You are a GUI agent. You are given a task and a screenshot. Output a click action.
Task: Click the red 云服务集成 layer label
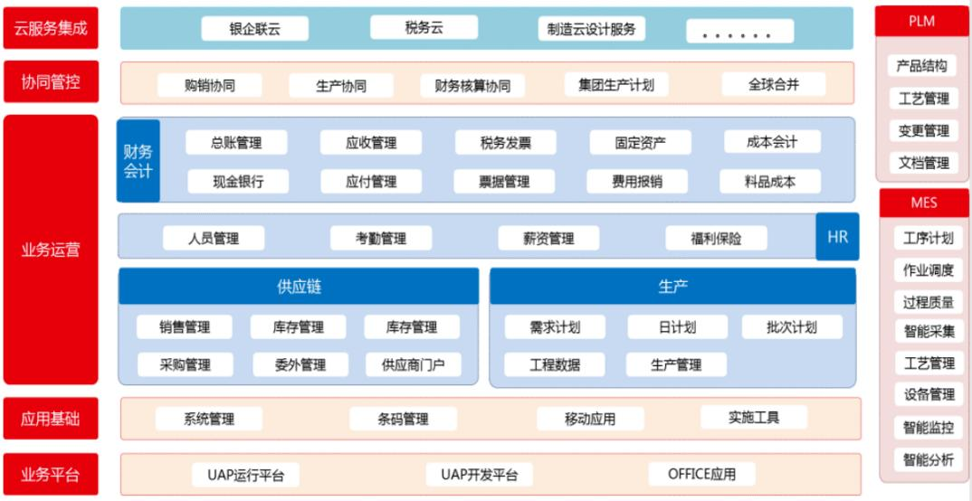(51, 28)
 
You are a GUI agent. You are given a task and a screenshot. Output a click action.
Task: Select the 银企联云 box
(254, 29)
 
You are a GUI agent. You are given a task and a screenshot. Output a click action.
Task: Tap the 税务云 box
(424, 27)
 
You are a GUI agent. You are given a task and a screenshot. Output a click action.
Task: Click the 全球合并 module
(774, 84)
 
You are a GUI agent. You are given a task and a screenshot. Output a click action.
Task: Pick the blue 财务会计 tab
(138, 161)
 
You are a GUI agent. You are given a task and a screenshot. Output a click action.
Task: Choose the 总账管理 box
(236, 142)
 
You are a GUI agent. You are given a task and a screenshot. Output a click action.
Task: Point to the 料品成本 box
(770, 181)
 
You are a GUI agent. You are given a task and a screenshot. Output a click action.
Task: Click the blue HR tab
(837, 237)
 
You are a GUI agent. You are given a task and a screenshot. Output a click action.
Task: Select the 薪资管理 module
(548, 239)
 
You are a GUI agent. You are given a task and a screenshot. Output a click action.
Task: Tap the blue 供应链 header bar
(299, 287)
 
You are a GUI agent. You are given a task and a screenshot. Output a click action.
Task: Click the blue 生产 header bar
(672, 287)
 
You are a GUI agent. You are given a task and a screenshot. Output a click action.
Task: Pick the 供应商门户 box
(413, 364)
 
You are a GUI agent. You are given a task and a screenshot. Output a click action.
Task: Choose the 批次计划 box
(791, 326)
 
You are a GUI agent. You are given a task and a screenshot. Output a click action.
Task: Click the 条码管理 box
(403, 419)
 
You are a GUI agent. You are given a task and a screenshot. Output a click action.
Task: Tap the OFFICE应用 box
(701, 474)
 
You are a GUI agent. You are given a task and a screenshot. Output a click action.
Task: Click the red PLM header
(921, 21)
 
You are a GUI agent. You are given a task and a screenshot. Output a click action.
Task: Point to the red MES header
(923, 203)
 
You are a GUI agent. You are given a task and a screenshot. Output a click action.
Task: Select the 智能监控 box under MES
(928, 427)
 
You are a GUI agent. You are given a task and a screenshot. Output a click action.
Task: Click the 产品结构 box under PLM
(921, 66)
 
